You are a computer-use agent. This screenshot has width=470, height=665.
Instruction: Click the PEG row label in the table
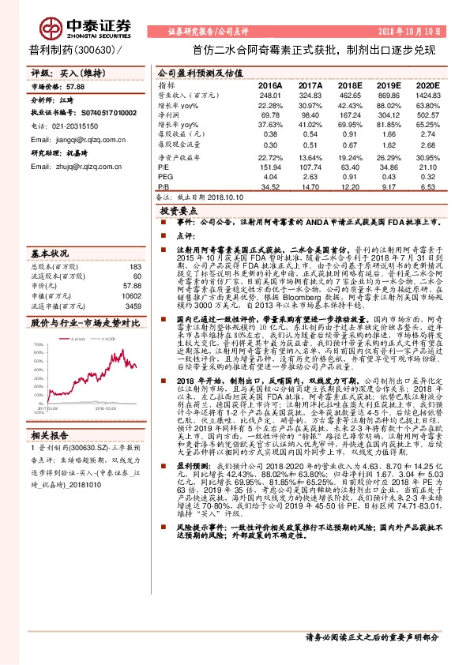(x=164, y=176)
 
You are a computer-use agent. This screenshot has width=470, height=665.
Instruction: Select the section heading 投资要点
(x=178, y=212)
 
